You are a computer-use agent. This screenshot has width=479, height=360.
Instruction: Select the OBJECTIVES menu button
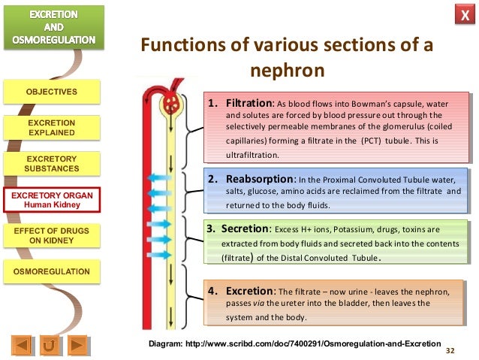52,92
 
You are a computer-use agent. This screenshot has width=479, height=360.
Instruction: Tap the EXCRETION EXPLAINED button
52,128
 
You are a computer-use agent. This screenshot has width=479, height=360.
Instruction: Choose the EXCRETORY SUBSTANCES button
52,164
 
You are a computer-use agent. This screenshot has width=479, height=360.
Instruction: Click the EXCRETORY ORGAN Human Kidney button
52,200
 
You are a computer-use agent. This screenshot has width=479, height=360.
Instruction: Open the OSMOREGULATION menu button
52,271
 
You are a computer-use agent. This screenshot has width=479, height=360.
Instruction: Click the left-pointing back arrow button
23,346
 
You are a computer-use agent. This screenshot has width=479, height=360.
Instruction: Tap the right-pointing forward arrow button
77,346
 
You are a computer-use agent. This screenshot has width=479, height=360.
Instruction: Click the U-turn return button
50,346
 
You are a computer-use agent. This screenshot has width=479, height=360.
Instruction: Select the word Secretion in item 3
243,228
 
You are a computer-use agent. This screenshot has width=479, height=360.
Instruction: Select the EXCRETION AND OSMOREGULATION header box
52,27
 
